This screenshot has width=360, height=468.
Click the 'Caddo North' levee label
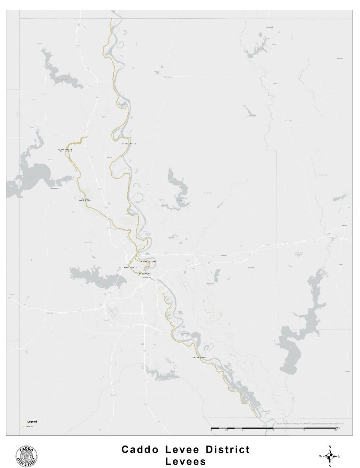[128, 144]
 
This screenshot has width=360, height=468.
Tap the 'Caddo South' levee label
[199, 358]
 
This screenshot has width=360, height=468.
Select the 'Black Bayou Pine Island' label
[65, 150]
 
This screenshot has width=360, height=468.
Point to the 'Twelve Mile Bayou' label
[85, 200]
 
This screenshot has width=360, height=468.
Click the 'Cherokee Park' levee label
[147, 261]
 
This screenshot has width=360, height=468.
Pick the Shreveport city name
[145, 277]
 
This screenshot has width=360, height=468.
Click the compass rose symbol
[330, 456]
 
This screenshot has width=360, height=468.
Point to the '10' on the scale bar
[273, 430]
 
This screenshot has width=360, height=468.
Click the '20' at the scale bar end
[335, 430]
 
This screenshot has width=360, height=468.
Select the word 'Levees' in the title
[186, 462]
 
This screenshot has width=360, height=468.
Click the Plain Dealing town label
[168, 77]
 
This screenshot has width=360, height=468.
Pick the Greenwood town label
[49, 313]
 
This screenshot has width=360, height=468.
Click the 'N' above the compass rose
[330, 447]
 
